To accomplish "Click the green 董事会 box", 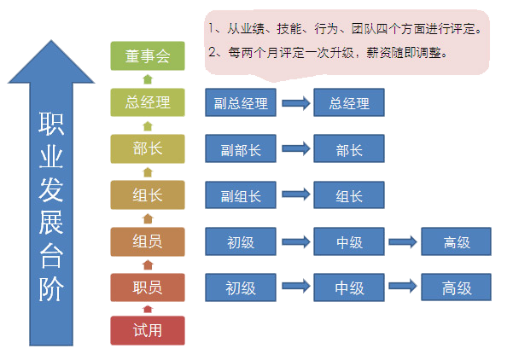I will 148,56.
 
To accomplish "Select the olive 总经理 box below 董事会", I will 148,103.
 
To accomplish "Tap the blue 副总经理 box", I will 241,104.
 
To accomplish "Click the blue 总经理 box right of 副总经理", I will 349,104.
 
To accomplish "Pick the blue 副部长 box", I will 241,150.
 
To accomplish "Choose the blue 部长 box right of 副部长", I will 349,150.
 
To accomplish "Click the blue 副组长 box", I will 241,196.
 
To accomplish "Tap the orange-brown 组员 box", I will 148,241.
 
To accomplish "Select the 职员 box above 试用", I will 148,287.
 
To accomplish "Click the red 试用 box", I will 148,330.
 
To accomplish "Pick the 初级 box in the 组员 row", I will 241,242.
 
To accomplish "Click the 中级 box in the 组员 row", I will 349,242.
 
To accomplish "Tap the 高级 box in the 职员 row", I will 457,288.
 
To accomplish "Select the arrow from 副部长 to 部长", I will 295,150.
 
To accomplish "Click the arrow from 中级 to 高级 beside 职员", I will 403,288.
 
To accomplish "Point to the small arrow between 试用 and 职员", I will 148,309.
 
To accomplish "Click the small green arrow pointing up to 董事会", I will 148,79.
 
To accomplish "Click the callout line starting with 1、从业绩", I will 345,28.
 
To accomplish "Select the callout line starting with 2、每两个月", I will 328,53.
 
